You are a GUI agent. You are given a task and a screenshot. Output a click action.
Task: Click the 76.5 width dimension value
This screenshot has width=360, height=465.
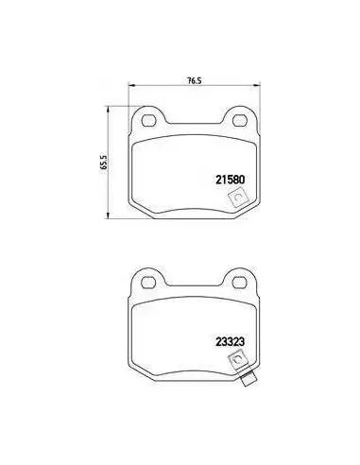tap(195, 80)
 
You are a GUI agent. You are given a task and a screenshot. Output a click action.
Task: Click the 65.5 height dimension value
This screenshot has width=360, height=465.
tap(104, 163)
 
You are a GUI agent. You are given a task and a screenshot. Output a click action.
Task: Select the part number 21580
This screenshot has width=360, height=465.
tap(231, 180)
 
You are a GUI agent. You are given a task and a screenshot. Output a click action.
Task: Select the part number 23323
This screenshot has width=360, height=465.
tap(231, 342)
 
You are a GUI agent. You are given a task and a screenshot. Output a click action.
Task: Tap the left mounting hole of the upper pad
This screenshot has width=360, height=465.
tap(149, 120)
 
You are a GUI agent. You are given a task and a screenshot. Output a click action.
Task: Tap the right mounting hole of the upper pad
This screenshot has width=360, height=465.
tap(239, 120)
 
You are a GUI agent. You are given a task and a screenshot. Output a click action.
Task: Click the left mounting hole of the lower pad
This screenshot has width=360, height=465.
tap(148, 283)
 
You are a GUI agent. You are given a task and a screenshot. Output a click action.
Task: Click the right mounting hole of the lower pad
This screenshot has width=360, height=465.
tap(239, 283)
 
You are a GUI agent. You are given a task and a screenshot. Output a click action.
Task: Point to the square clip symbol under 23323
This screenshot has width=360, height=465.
tap(238, 360)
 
